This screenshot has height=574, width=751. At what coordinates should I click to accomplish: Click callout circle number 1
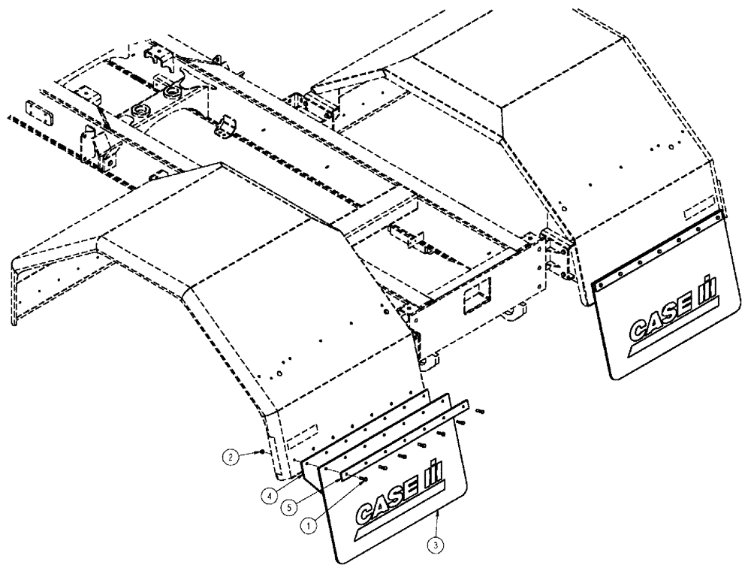click(306, 527)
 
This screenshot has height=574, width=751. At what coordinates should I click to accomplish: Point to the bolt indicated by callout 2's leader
click(262, 452)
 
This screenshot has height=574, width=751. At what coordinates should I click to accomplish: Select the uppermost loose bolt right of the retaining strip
click(480, 411)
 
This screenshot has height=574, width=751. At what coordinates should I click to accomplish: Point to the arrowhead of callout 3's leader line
click(436, 511)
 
